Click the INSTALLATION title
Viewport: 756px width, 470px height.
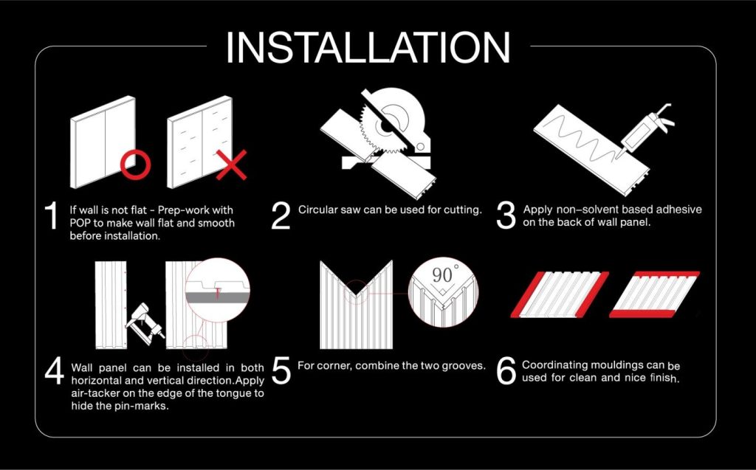[x=368, y=47]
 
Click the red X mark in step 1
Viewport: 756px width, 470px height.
[x=231, y=165]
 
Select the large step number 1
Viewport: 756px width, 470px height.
[x=51, y=215]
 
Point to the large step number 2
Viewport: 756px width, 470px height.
[x=281, y=215]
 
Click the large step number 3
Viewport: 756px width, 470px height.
[x=506, y=215]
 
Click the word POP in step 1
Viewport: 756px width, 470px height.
[x=80, y=223]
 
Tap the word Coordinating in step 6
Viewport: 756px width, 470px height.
[x=555, y=365]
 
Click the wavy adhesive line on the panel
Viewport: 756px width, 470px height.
[x=579, y=133]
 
